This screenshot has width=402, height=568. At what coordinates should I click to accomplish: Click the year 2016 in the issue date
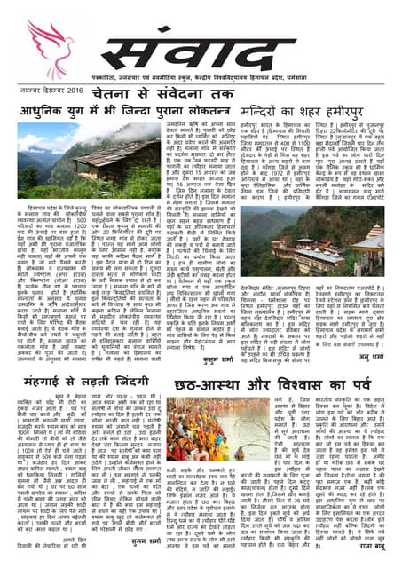point(89,91)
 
